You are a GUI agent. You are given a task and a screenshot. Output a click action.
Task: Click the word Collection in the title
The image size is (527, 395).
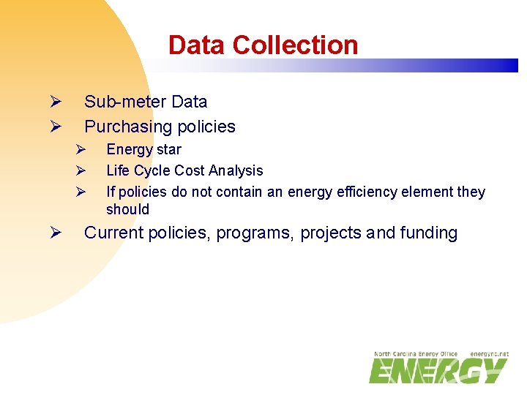(x=295, y=45)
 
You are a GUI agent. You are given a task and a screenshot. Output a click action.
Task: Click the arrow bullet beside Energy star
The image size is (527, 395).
(x=81, y=149)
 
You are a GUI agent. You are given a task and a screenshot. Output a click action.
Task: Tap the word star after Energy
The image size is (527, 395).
(x=169, y=149)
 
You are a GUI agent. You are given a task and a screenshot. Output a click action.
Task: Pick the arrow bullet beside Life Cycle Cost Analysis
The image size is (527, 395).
(x=81, y=170)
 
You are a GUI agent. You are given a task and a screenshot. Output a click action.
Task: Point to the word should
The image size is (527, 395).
(x=127, y=209)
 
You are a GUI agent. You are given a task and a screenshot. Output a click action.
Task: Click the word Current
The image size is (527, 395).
(x=113, y=233)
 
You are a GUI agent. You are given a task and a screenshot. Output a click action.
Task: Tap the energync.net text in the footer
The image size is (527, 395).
(x=489, y=354)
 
